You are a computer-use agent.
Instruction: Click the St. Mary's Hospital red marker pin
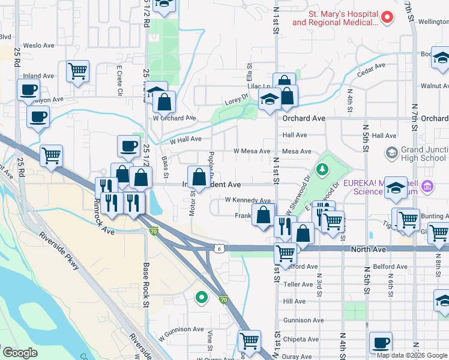pos(387,17)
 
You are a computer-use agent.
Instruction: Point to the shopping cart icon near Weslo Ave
pos(78,71)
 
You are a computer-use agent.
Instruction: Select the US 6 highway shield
pos(220,248)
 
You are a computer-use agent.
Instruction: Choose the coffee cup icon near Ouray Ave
pos(381,343)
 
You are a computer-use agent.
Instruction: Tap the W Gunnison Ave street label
pos(182,329)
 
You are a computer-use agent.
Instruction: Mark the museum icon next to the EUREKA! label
pos(428,187)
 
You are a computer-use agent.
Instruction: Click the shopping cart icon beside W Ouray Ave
pos(249,341)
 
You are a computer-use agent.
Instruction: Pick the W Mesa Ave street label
pos(252,151)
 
